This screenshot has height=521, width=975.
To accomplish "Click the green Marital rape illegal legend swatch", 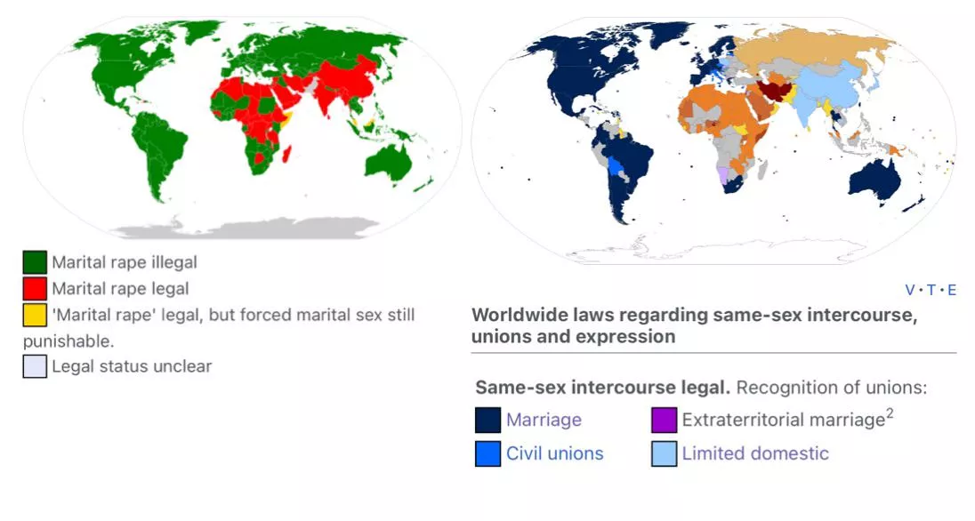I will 35,263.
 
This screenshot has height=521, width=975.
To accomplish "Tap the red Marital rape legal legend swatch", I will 35,289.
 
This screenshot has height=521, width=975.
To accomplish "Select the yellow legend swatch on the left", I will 35,315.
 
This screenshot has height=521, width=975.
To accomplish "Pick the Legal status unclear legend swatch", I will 35,366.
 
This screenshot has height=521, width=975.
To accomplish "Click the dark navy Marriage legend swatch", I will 487,420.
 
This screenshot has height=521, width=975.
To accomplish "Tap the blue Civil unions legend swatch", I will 487,453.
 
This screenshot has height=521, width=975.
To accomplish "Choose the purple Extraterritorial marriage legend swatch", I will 664,420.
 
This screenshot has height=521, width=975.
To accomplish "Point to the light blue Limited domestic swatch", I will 664,453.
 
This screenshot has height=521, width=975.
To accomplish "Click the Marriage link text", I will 544,420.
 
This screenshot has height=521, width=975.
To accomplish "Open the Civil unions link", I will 554,453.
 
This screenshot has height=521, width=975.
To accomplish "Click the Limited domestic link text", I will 755,453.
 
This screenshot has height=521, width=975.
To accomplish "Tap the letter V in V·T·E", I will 910,290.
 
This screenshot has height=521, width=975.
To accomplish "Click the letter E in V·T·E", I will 952,290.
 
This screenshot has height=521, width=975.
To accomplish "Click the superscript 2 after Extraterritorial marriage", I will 890,414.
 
